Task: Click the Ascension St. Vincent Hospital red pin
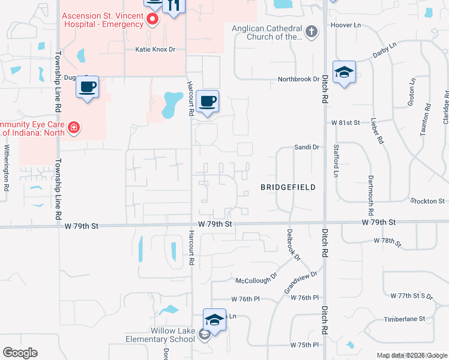click(x=152, y=20)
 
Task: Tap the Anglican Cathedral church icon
click(x=311, y=32)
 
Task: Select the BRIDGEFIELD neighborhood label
click(x=288, y=187)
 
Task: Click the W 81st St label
click(x=345, y=122)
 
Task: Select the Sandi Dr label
click(x=306, y=146)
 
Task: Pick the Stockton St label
click(x=427, y=201)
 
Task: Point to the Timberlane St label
click(x=405, y=319)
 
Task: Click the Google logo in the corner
click(x=20, y=353)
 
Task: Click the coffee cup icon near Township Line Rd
click(x=87, y=87)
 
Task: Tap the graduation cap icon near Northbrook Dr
click(x=344, y=72)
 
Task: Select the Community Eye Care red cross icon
click(x=74, y=127)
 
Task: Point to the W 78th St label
click(x=387, y=241)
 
